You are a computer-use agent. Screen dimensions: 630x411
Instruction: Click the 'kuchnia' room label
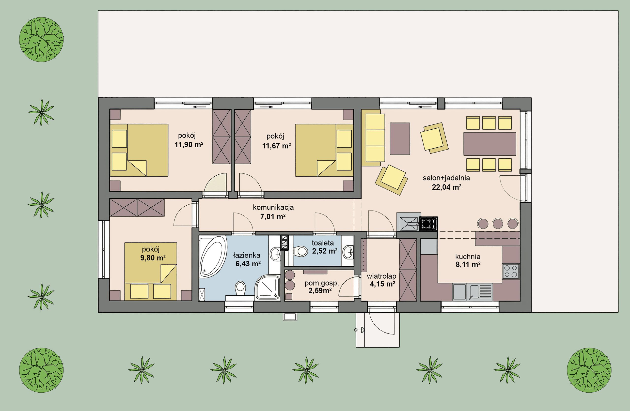click(x=468, y=257)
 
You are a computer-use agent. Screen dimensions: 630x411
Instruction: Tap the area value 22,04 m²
click(x=447, y=187)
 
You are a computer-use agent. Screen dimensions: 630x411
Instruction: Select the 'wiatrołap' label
click(x=381, y=276)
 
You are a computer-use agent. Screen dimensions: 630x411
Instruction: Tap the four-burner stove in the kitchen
click(x=511, y=271)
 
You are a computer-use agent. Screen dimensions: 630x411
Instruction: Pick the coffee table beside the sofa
click(x=400, y=138)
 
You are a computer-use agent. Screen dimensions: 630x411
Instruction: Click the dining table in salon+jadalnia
click(x=490, y=144)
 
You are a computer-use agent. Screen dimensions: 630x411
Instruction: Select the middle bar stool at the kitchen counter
click(x=498, y=224)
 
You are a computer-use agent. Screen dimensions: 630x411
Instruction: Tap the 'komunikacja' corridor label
click(x=273, y=207)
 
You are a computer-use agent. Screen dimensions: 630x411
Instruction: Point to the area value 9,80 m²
click(x=153, y=258)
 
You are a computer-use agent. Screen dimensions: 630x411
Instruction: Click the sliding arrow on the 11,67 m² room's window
click(x=267, y=107)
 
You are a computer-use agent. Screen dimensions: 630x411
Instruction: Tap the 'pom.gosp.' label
click(x=322, y=284)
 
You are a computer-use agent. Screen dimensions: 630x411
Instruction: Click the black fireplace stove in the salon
click(x=428, y=224)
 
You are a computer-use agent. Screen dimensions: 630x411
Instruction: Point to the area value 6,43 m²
click(x=248, y=264)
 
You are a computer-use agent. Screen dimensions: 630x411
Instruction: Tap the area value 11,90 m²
click(x=189, y=145)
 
